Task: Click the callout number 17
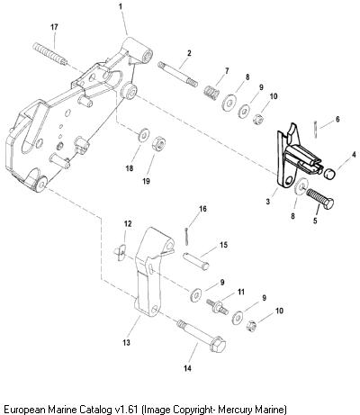[x=54, y=27]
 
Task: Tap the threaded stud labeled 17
[x=49, y=54]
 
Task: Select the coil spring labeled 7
[x=211, y=90]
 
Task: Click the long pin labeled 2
[x=177, y=74]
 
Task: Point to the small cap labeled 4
[x=329, y=174]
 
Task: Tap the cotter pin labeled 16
[x=187, y=237]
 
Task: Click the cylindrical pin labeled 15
[x=196, y=261]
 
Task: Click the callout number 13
[x=127, y=342]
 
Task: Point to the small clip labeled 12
[x=121, y=252]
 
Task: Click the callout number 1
[x=121, y=6]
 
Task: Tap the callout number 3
[x=268, y=202]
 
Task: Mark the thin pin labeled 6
[x=316, y=130]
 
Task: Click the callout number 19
[x=146, y=182]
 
